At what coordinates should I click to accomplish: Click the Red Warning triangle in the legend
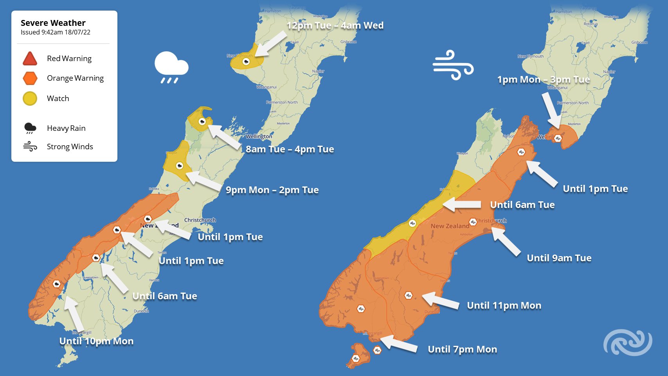click(x=30, y=58)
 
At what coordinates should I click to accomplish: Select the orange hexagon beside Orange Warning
click(x=30, y=78)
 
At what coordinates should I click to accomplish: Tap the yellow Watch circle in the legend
click(x=30, y=98)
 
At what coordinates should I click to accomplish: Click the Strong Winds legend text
click(x=70, y=146)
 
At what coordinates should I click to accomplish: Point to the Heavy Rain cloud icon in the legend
click(x=30, y=128)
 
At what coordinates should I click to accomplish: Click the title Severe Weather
click(x=53, y=23)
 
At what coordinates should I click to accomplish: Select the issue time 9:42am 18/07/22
click(x=55, y=33)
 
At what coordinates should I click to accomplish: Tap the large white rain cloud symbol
click(x=171, y=67)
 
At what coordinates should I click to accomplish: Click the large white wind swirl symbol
click(x=453, y=65)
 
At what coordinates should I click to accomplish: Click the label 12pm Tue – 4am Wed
click(x=335, y=25)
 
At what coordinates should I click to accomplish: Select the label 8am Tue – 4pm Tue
click(x=290, y=149)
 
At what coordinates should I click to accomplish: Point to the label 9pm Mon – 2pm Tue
click(x=272, y=190)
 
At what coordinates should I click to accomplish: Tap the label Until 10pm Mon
click(x=96, y=341)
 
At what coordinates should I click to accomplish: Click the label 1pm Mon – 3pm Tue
click(x=543, y=80)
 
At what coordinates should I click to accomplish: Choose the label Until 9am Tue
click(x=559, y=258)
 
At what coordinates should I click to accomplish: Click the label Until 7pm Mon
click(x=462, y=349)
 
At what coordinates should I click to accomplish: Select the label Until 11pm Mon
click(x=504, y=305)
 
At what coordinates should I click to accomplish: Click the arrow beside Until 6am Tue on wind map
click(x=462, y=204)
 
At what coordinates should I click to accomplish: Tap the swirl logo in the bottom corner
click(x=627, y=342)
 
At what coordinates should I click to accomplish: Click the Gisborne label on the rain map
click(x=348, y=42)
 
